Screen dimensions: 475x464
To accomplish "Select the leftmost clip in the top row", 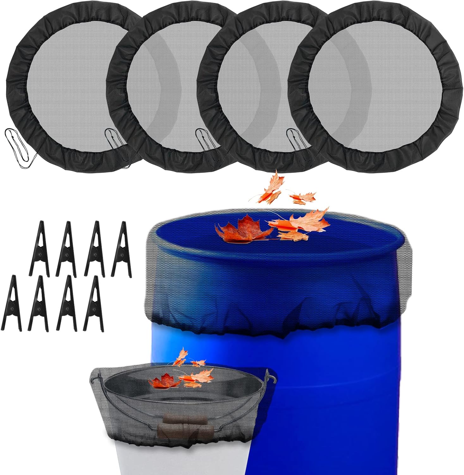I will point(40,249).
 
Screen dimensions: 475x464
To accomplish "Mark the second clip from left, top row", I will point(66,249).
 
